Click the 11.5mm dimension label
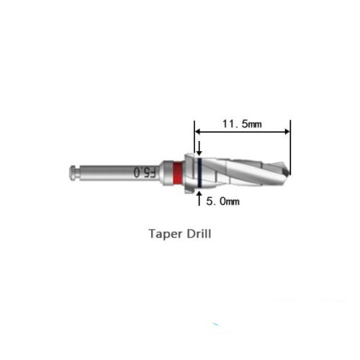242,124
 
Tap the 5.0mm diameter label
222,201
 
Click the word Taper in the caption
165,233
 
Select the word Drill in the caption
199,233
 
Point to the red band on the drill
177,173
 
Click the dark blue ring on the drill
199,173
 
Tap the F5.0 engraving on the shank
145,173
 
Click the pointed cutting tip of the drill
289,174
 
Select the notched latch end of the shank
75,173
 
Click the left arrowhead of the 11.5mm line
197,132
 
